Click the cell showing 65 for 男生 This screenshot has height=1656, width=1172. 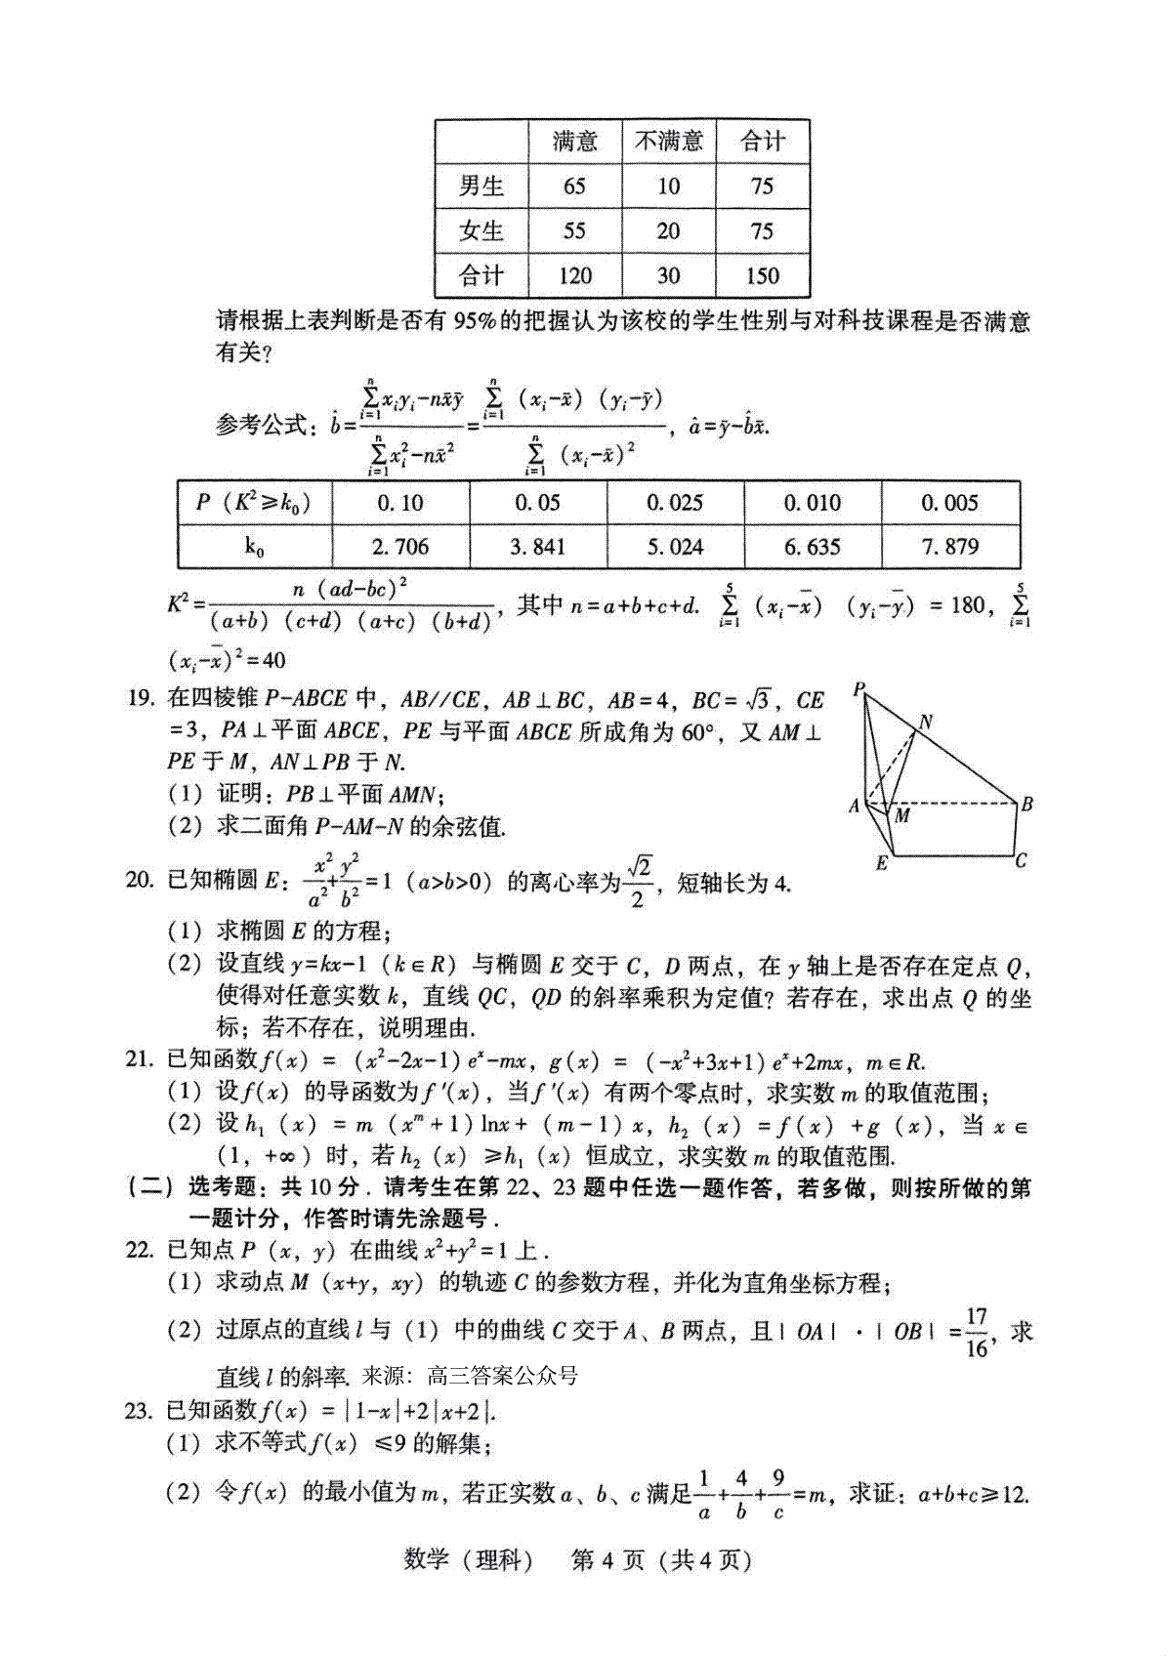click(x=574, y=186)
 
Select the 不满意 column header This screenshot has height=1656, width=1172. click(x=669, y=141)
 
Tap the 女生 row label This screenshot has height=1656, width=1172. click(x=481, y=231)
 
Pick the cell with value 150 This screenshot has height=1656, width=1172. click(x=763, y=275)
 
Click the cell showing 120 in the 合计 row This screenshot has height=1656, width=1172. click(x=574, y=275)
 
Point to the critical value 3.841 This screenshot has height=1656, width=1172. click(x=537, y=547)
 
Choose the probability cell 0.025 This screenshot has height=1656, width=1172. click(x=675, y=503)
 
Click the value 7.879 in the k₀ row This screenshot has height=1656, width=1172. click(x=949, y=547)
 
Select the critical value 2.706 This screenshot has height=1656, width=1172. click(x=400, y=547)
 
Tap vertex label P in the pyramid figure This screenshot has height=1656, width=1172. click(x=858, y=690)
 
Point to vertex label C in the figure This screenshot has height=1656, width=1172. click(x=1021, y=861)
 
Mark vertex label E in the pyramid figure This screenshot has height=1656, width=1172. click(x=882, y=863)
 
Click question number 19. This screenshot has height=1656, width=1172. click(x=141, y=698)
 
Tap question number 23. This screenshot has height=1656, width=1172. click(x=141, y=1410)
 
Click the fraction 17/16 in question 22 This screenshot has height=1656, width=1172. click(x=977, y=1333)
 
